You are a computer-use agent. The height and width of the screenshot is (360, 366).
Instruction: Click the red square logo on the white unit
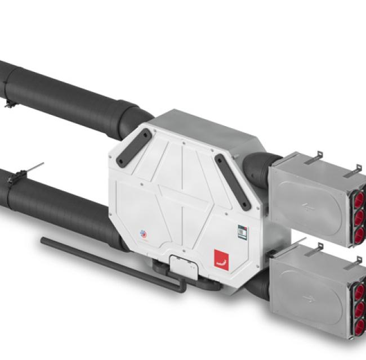coord(221,260)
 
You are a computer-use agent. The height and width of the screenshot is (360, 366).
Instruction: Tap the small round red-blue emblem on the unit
coord(142,233)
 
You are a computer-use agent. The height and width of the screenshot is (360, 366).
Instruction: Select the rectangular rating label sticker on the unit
coord(242,232)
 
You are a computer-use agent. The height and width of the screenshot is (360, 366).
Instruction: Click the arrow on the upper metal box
coord(309,206)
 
